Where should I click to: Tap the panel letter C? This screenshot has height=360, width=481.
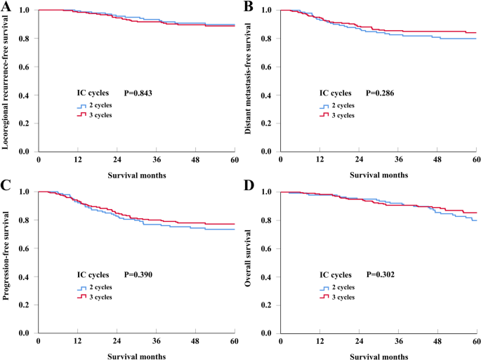(6, 185)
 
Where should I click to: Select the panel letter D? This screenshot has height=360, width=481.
(247, 185)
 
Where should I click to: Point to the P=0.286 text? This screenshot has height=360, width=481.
(383, 92)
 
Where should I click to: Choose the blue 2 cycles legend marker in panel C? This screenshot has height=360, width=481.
(81, 288)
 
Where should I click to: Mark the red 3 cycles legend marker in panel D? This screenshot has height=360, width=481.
(324, 298)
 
